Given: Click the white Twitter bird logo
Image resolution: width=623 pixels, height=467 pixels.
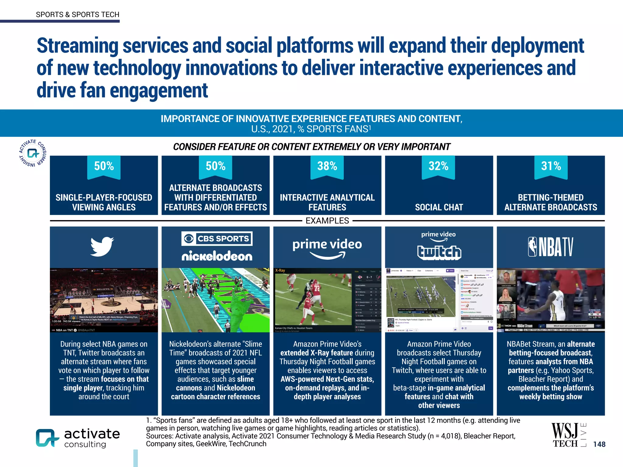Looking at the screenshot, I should click(x=102, y=247).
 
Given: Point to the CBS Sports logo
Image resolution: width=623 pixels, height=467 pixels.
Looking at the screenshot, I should click(x=217, y=239).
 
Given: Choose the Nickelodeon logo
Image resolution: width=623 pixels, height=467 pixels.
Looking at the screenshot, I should click(x=217, y=256).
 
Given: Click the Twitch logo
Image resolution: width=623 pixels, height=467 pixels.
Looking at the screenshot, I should click(x=439, y=252).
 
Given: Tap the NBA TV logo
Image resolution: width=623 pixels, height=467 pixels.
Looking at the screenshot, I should click(x=551, y=247).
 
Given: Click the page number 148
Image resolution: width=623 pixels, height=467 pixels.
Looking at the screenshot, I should click(x=599, y=444).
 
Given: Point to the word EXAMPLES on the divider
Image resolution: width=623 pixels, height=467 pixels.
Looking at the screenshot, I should click(x=327, y=221).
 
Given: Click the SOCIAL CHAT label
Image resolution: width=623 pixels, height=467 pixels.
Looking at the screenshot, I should click(x=439, y=207).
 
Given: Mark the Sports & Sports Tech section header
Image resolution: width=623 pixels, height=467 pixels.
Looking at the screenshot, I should click(x=78, y=15).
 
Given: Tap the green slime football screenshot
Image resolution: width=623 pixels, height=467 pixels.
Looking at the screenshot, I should click(x=215, y=300).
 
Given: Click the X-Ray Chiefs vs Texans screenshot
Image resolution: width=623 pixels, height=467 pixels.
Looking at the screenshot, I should click(x=327, y=300).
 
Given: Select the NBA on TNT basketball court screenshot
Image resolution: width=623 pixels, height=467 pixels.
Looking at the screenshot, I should click(x=104, y=300).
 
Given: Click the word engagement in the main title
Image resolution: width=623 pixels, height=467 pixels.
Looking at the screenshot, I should click(x=158, y=91).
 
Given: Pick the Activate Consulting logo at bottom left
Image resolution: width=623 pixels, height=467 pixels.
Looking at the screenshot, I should click(x=78, y=438).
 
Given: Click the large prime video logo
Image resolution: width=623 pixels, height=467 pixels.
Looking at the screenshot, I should click(x=327, y=248).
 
